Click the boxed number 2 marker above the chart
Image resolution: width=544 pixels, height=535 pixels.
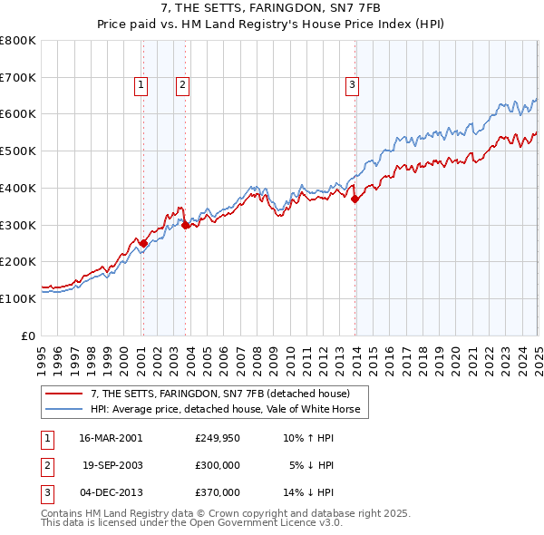click(182, 86)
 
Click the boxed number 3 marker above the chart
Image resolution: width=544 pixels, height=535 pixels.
click(352, 86)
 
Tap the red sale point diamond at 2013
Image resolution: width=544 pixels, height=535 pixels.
click(355, 199)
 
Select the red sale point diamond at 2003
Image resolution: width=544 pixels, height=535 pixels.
click(185, 226)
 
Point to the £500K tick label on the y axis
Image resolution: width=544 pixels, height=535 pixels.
click(18, 151)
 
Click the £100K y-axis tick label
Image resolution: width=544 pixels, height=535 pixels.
click(18, 298)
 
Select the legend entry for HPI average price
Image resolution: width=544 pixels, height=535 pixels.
click(225, 410)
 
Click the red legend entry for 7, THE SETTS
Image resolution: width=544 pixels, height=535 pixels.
click(227, 394)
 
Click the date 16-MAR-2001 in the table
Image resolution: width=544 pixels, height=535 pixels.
click(111, 438)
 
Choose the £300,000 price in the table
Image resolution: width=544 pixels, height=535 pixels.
click(218, 465)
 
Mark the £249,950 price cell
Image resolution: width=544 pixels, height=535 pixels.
click(218, 438)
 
